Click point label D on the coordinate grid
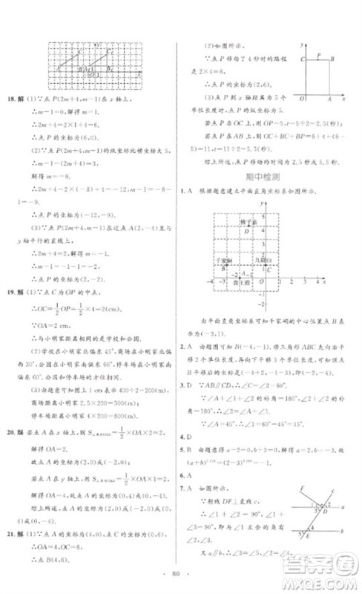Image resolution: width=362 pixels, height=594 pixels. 247,231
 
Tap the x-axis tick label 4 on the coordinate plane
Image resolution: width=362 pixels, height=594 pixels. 316,281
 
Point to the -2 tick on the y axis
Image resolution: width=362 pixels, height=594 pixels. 261,304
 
